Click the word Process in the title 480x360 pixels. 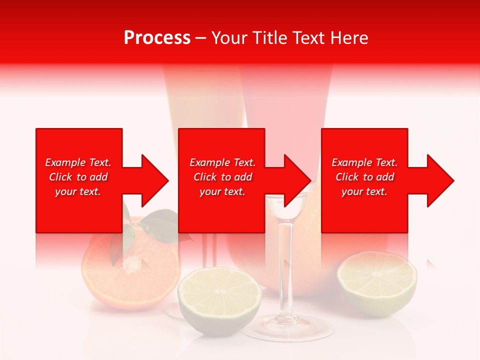tap(157, 38)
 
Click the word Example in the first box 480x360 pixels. tap(64, 162)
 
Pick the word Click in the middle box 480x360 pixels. tap(204, 177)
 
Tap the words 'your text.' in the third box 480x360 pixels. tap(364, 191)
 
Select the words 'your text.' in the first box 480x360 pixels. tap(78, 191)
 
